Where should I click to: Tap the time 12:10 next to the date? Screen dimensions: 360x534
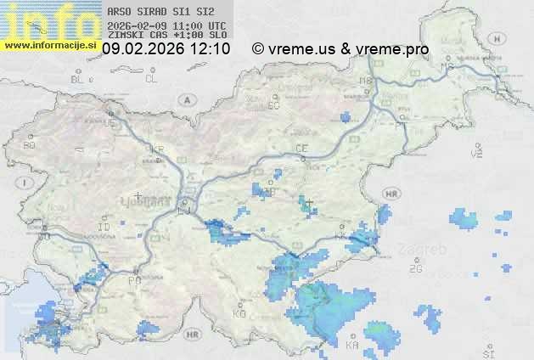pos(210,49)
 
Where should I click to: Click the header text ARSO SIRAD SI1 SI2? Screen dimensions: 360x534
pos(161,13)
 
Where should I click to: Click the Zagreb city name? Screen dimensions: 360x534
pos(426,251)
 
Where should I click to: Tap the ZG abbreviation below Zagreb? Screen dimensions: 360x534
pos(415,269)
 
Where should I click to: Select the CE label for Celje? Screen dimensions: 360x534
pos(301,149)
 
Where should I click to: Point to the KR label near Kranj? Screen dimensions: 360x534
pos(157,149)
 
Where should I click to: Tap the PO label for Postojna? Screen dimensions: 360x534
pos(133,280)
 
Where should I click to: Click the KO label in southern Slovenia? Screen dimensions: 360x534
pos(239,313)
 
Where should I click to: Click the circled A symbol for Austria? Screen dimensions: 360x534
pos(185,98)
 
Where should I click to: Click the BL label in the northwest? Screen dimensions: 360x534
pos(78,79)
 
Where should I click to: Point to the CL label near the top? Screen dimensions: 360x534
pos(151,79)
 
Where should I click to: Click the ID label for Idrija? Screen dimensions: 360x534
pos(104,228)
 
